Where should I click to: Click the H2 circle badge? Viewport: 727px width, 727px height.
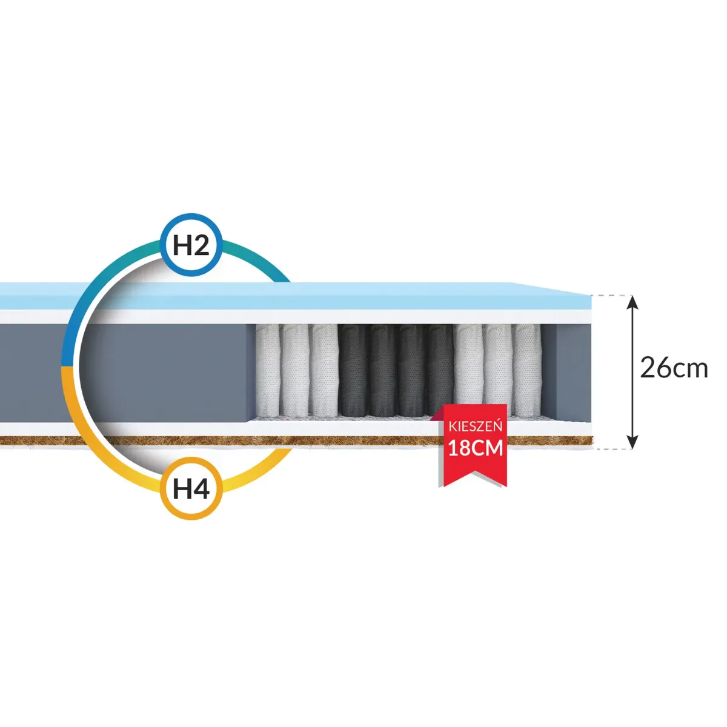191,245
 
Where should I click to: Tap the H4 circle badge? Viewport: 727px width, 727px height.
191,489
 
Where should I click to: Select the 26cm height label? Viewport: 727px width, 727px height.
674,368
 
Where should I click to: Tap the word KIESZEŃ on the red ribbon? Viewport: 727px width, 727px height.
476,427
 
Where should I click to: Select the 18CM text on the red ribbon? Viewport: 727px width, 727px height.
476,448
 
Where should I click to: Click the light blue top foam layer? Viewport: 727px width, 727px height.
424,297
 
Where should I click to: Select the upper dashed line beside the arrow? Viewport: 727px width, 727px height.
609,296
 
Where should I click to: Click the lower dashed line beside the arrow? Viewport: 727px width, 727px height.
609,449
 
